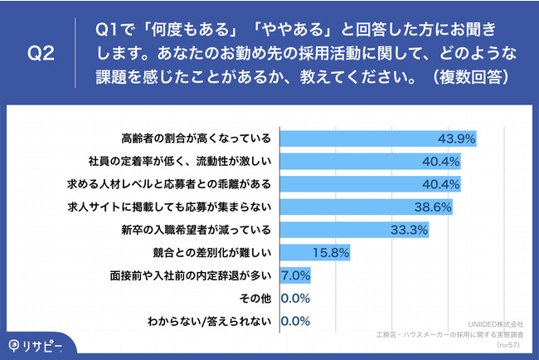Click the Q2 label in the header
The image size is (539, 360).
pyautogui.click(x=41, y=54)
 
